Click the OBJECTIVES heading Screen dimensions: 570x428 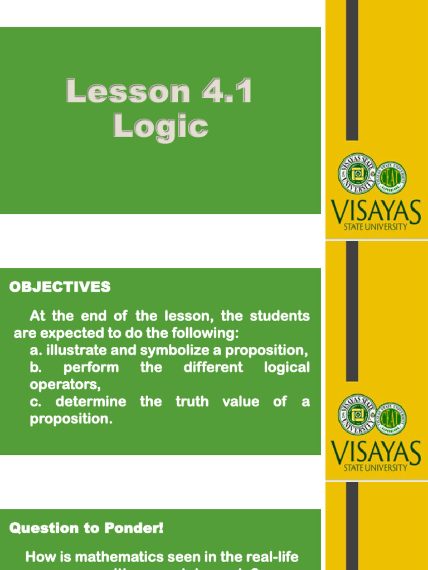pos(60,287)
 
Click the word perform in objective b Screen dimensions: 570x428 pos(91,368)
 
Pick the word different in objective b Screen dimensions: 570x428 pos(213,368)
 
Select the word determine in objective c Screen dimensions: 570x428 pos(90,402)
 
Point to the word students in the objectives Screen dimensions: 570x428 pos(280,317)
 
